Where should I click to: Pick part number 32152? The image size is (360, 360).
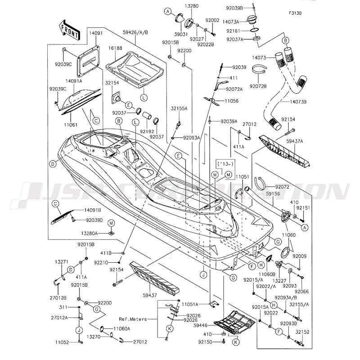(303, 332)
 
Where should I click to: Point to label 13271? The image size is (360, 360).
(62, 261)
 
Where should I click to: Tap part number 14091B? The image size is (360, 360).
(92, 210)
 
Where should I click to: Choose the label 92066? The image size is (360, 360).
(301, 279)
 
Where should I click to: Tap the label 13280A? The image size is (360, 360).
(90, 234)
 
